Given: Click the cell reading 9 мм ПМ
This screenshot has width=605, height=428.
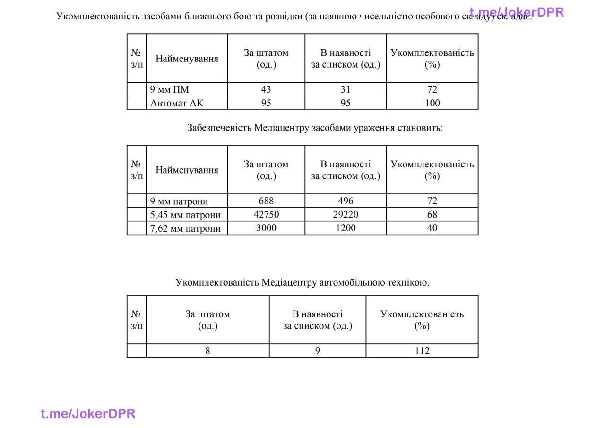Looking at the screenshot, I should tap(170, 89).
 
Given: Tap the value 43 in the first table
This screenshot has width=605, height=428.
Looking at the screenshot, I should tap(266, 89).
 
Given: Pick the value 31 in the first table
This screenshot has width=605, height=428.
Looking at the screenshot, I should tap(346, 89).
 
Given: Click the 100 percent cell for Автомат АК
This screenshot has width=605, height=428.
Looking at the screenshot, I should tap(432, 103).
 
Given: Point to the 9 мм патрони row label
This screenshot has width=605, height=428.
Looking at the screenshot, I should tap(179, 201).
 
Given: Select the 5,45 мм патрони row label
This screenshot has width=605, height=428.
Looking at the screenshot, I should tap(185, 215).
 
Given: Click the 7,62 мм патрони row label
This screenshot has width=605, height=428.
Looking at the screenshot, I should tap(185, 228).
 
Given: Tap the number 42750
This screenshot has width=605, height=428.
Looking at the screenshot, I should tap(266, 215).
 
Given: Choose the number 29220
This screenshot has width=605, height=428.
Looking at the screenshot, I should tap(346, 215).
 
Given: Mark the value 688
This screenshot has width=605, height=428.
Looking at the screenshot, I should tap(266, 201).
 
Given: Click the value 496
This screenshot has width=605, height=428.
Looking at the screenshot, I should tap(346, 201).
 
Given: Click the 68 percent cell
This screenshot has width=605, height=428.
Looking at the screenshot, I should tap(432, 215).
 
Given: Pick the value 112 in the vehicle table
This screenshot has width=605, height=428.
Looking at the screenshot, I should tap(422, 351).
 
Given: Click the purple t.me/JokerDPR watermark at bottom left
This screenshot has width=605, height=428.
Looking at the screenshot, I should tap(88, 414).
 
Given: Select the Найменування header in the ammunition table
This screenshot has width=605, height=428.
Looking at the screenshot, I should tap(187, 170).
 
